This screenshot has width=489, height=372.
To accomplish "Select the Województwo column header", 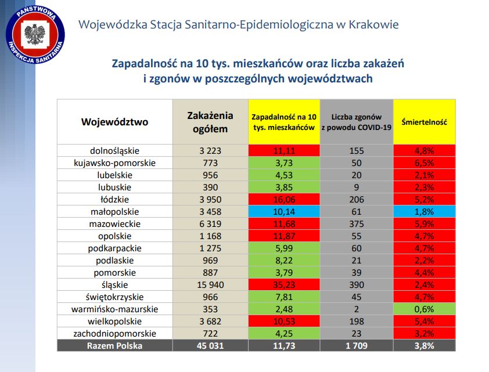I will [114, 122].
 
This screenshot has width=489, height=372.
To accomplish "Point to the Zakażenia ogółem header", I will [210, 122].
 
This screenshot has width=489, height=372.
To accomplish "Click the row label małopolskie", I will [114, 212].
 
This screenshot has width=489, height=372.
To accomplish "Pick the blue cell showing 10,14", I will [285, 212].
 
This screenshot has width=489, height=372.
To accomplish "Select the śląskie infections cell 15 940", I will [210, 285].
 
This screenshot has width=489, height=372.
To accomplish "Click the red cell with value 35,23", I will [285, 285].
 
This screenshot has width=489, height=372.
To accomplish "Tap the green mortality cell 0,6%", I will [423, 309].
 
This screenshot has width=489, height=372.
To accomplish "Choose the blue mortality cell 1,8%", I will [423, 212].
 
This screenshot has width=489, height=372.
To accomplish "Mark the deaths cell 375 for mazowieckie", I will [356, 224].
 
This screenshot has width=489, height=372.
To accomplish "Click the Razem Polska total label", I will [114, 346].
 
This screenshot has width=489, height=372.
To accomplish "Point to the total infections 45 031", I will [210, 346].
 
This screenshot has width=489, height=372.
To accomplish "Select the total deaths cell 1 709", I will [356, 346].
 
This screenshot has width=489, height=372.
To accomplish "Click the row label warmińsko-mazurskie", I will [114, 309].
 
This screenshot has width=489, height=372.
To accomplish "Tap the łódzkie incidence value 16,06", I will [285, 200].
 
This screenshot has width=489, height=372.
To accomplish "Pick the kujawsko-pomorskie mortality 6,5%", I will [423, 163].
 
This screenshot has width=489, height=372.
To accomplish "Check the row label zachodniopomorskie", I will [114, 334].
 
